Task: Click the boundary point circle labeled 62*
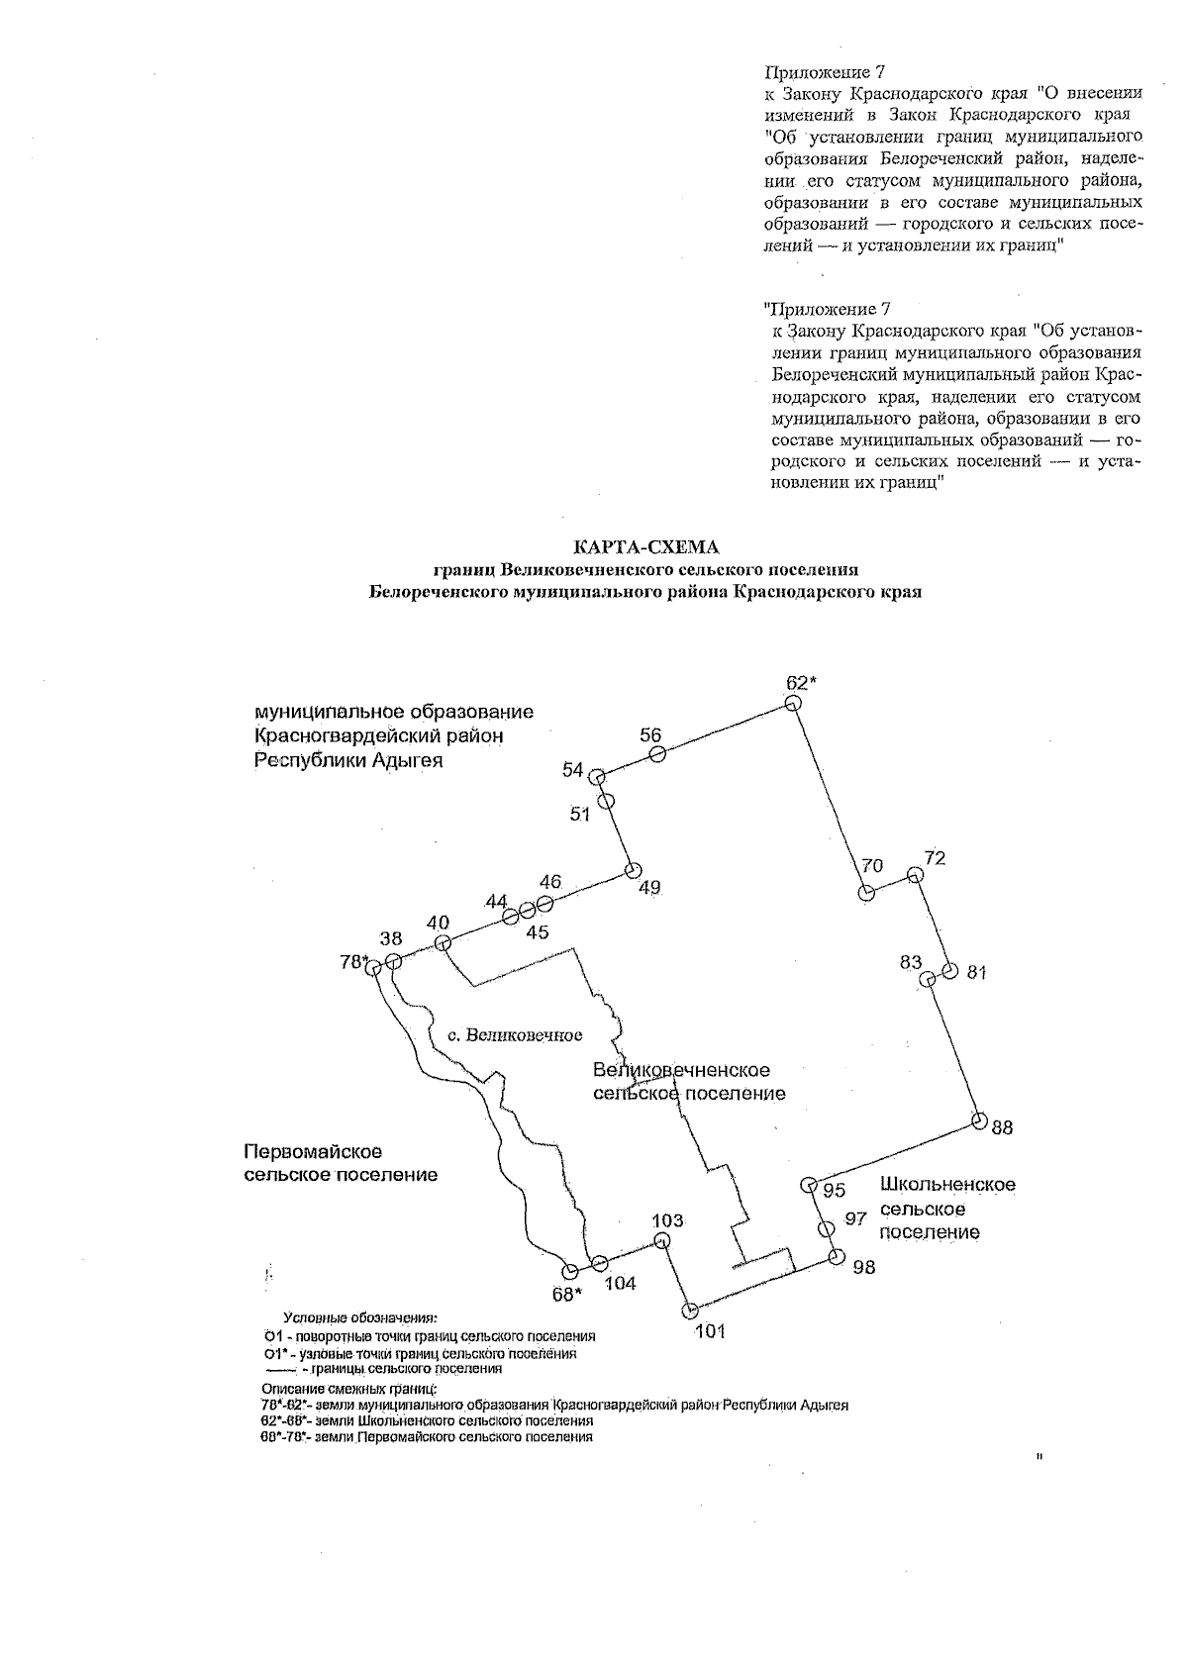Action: [792, 703]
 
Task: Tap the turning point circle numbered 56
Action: [657, 754]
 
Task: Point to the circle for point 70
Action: [866, 893]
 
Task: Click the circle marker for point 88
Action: [979, 1120]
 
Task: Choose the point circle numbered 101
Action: [690, 1312]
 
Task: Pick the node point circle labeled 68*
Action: [569, 1272]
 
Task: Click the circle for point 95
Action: [808, 1184]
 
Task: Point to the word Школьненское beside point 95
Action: [947, 1185]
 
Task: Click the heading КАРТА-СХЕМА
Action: [646, 547]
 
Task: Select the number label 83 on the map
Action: [911, 962]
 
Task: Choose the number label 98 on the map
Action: [863, 1267]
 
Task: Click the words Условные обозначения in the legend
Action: [359, 1318]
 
